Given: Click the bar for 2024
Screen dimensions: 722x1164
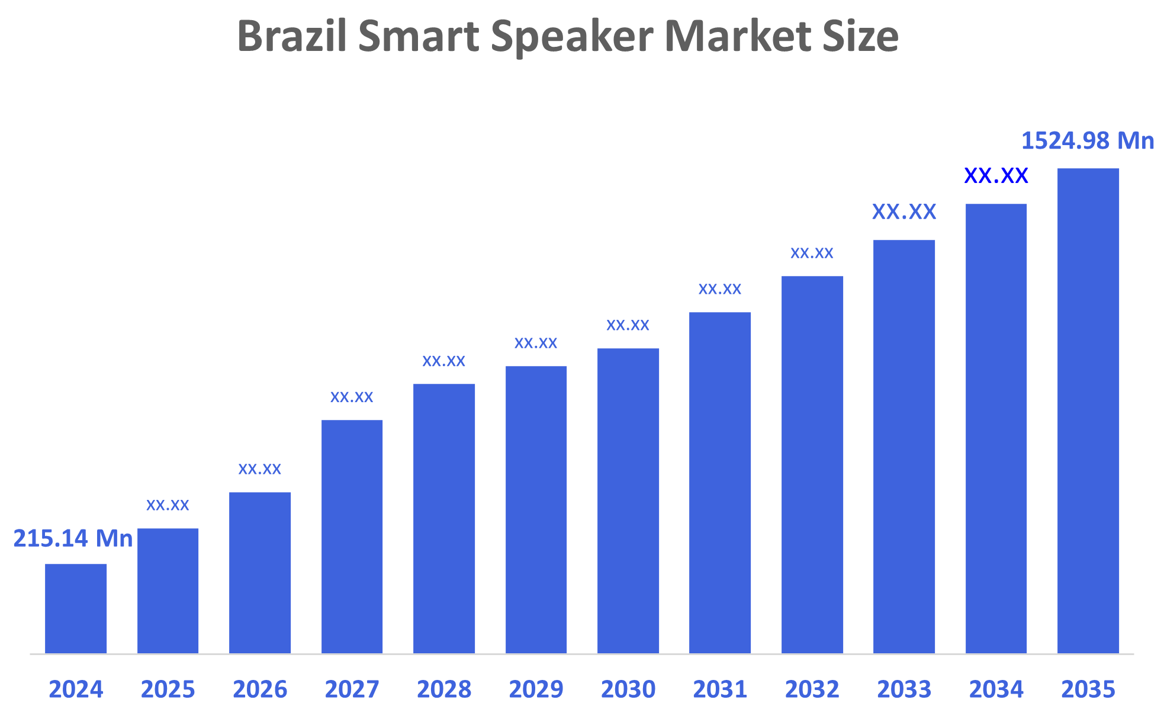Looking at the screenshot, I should point(76,608).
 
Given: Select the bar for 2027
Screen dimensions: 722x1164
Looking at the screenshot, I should point(352,536).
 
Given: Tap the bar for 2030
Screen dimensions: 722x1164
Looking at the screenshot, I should point(628,500).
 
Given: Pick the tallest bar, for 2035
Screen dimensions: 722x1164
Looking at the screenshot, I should point(1088,410).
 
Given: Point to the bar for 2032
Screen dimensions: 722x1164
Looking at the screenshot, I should point(812,464).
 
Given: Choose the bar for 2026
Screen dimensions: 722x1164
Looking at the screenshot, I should point(260,572).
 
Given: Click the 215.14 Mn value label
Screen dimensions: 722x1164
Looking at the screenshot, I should point(73,539).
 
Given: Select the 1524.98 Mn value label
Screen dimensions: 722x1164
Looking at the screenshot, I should point(1088,141).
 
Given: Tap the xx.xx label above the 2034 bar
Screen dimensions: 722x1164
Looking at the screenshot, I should point(996,176).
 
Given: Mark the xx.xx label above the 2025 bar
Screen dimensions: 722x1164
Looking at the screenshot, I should point(168,505).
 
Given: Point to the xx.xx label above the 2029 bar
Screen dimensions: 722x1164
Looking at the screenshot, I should point(536,343).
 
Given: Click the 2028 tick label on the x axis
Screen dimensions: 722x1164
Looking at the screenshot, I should point(444,689).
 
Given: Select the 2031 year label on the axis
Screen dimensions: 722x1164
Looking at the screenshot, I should point(720,689).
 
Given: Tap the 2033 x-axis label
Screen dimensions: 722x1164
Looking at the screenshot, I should point(904,689).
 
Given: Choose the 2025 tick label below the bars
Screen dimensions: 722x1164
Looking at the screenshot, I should point(168,689).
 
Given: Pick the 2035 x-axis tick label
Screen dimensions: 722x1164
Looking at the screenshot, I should point(1088,689).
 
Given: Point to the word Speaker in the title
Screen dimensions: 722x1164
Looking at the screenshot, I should point(572,37).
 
